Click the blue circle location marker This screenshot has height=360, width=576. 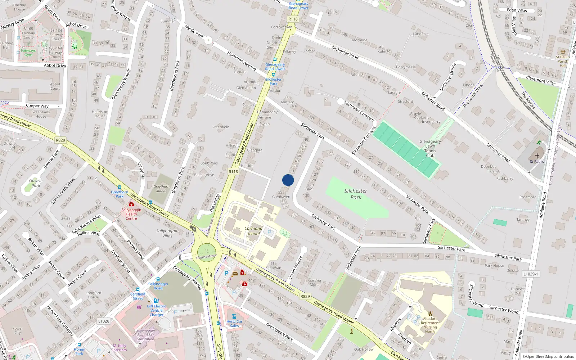tap(288, 180)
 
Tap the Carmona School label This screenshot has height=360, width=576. tap(253, 231)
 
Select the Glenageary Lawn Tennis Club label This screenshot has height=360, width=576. tap(430, 148)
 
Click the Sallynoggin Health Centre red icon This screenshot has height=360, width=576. tap(131, 204)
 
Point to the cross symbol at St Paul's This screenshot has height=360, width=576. tap(537, 156)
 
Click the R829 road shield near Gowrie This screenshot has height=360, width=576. tap(60, 140)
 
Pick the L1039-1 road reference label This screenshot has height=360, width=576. tap(530, 274)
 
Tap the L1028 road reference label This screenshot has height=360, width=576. tap(103, 321)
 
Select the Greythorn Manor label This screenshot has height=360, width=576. tap(161, 189)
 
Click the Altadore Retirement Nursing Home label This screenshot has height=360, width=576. tap(430, 325)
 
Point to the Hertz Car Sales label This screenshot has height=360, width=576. tap(234, 323)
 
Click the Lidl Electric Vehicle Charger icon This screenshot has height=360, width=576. tap(156, 301)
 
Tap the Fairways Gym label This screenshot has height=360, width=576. tap(28, 53)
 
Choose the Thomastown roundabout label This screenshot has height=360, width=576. tap(206, 257)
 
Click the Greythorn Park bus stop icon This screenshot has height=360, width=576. tap(120, 188)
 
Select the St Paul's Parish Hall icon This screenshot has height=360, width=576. tap(563, 52)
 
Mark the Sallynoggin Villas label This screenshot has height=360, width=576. tap(167, 233)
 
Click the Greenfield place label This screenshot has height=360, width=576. tap(220, 127)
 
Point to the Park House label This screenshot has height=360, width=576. tap(494, 266)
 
